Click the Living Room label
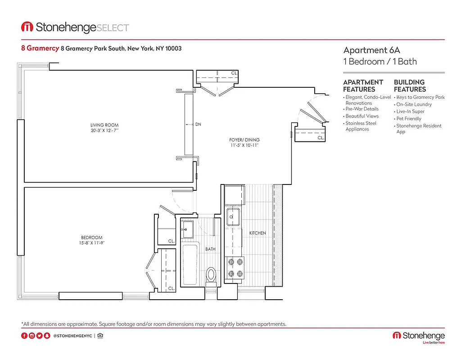click(x=104, y=125)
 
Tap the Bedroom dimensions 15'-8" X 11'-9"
click(x=91, y=243)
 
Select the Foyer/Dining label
click(x=244, y=140)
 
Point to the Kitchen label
click(x=258, y=233)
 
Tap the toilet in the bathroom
click(x=211, y=275)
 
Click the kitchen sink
click(x=234, y=217)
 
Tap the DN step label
click(x=198, y=125)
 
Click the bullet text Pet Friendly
click(x=409, y=119)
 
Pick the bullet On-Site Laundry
click(x=414, y=104)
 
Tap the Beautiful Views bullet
click(x=362, y=116)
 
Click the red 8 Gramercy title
click(x=40, y=48)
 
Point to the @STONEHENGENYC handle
click(x=72, y=336)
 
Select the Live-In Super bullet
click(x=410, y=112)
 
